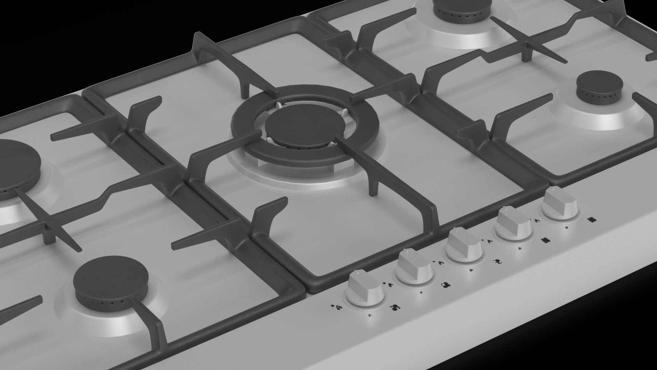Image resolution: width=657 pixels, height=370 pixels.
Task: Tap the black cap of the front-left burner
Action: pos(111,276)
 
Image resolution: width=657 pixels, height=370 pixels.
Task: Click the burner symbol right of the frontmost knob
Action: pos(396,307)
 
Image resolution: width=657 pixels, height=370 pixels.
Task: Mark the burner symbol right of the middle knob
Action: pos(497,262)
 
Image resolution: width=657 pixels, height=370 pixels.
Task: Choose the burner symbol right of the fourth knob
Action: pos(545,241)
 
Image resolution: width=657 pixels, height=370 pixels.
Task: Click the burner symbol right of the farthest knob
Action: pos(591,220)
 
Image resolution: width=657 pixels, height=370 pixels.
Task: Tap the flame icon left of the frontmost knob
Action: pos(338,307)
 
